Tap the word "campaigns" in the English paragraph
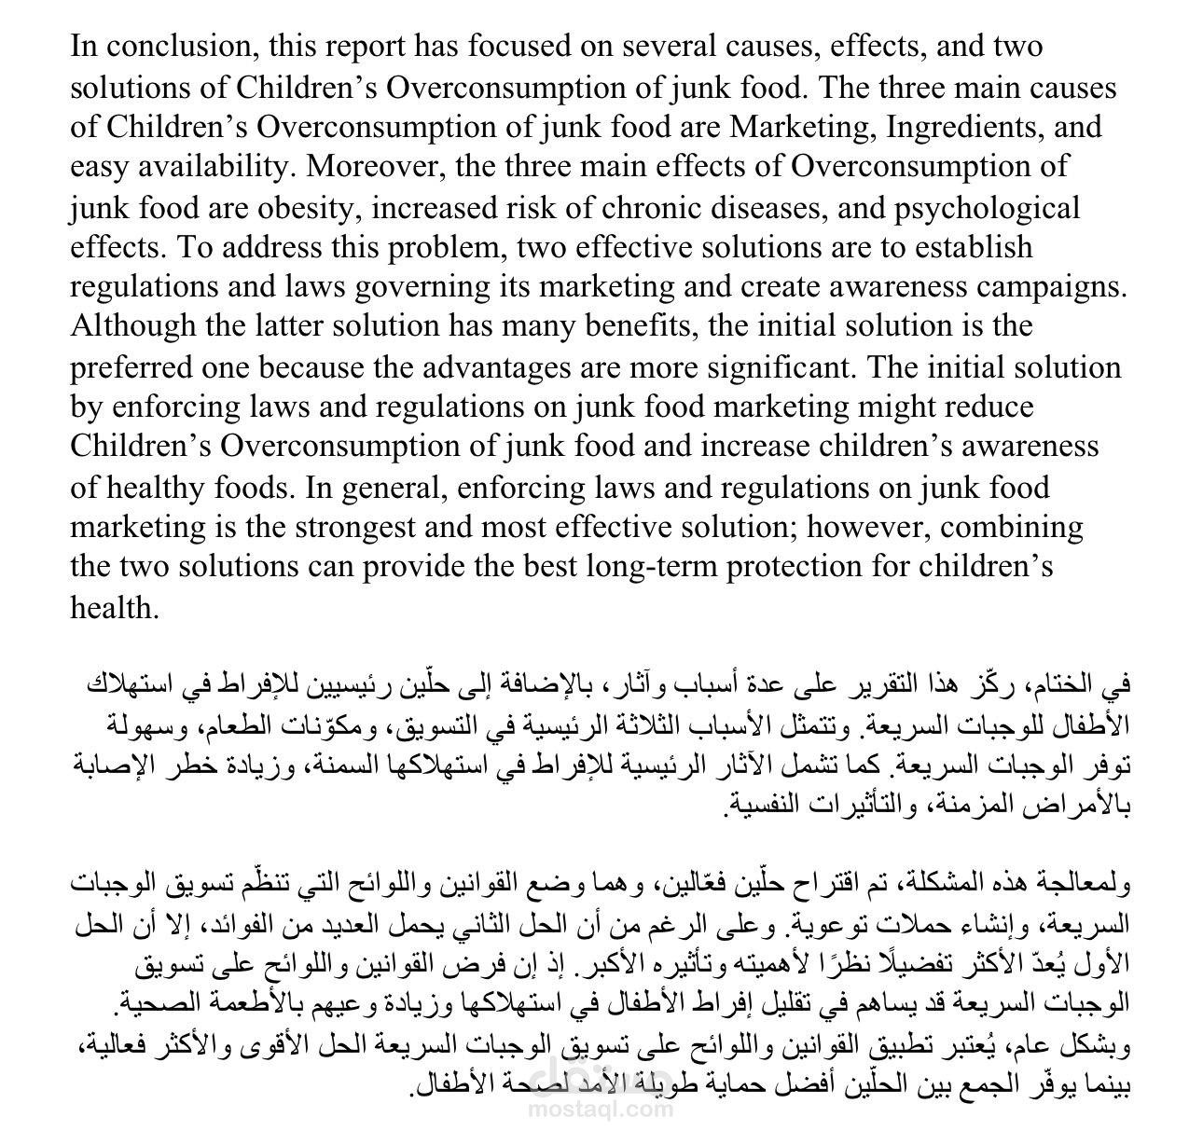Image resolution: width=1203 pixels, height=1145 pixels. point(1051,286)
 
